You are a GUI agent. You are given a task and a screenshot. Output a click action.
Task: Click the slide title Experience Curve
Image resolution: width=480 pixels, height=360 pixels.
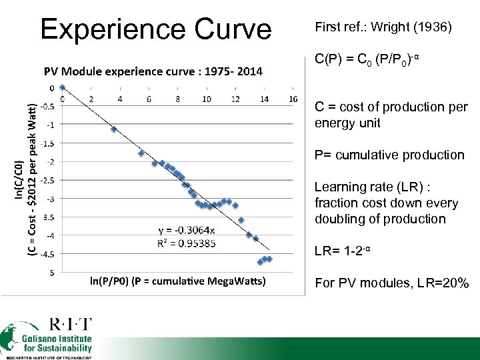[x=155, y=29]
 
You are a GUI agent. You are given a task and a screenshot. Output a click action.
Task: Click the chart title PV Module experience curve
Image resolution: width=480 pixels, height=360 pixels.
[x=153, y=71]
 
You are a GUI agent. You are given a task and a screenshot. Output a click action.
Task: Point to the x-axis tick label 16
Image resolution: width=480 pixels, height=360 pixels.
[x=293, y=99]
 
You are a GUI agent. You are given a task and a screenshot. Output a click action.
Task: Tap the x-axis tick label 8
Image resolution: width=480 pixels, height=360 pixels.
[x=178, y=99]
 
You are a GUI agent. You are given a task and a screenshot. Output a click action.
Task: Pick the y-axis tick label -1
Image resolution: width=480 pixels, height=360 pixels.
[x=51, y=125]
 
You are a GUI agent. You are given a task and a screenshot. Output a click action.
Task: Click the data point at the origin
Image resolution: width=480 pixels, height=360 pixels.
[x=63, y=87]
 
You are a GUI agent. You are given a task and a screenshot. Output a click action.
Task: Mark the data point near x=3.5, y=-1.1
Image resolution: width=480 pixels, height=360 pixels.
[x=114, y=129]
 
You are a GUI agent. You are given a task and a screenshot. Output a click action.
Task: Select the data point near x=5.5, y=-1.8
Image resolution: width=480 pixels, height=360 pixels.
[x=141, y=153]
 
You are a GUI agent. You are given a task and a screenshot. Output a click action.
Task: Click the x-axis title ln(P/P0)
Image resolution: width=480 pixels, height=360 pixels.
[x=178, y=281]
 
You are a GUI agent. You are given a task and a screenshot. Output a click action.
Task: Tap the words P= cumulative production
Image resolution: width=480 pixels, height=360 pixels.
[x=389, y=155]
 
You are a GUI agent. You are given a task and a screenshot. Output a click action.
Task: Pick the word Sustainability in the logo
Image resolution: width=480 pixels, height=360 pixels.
[x=65, y=348]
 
